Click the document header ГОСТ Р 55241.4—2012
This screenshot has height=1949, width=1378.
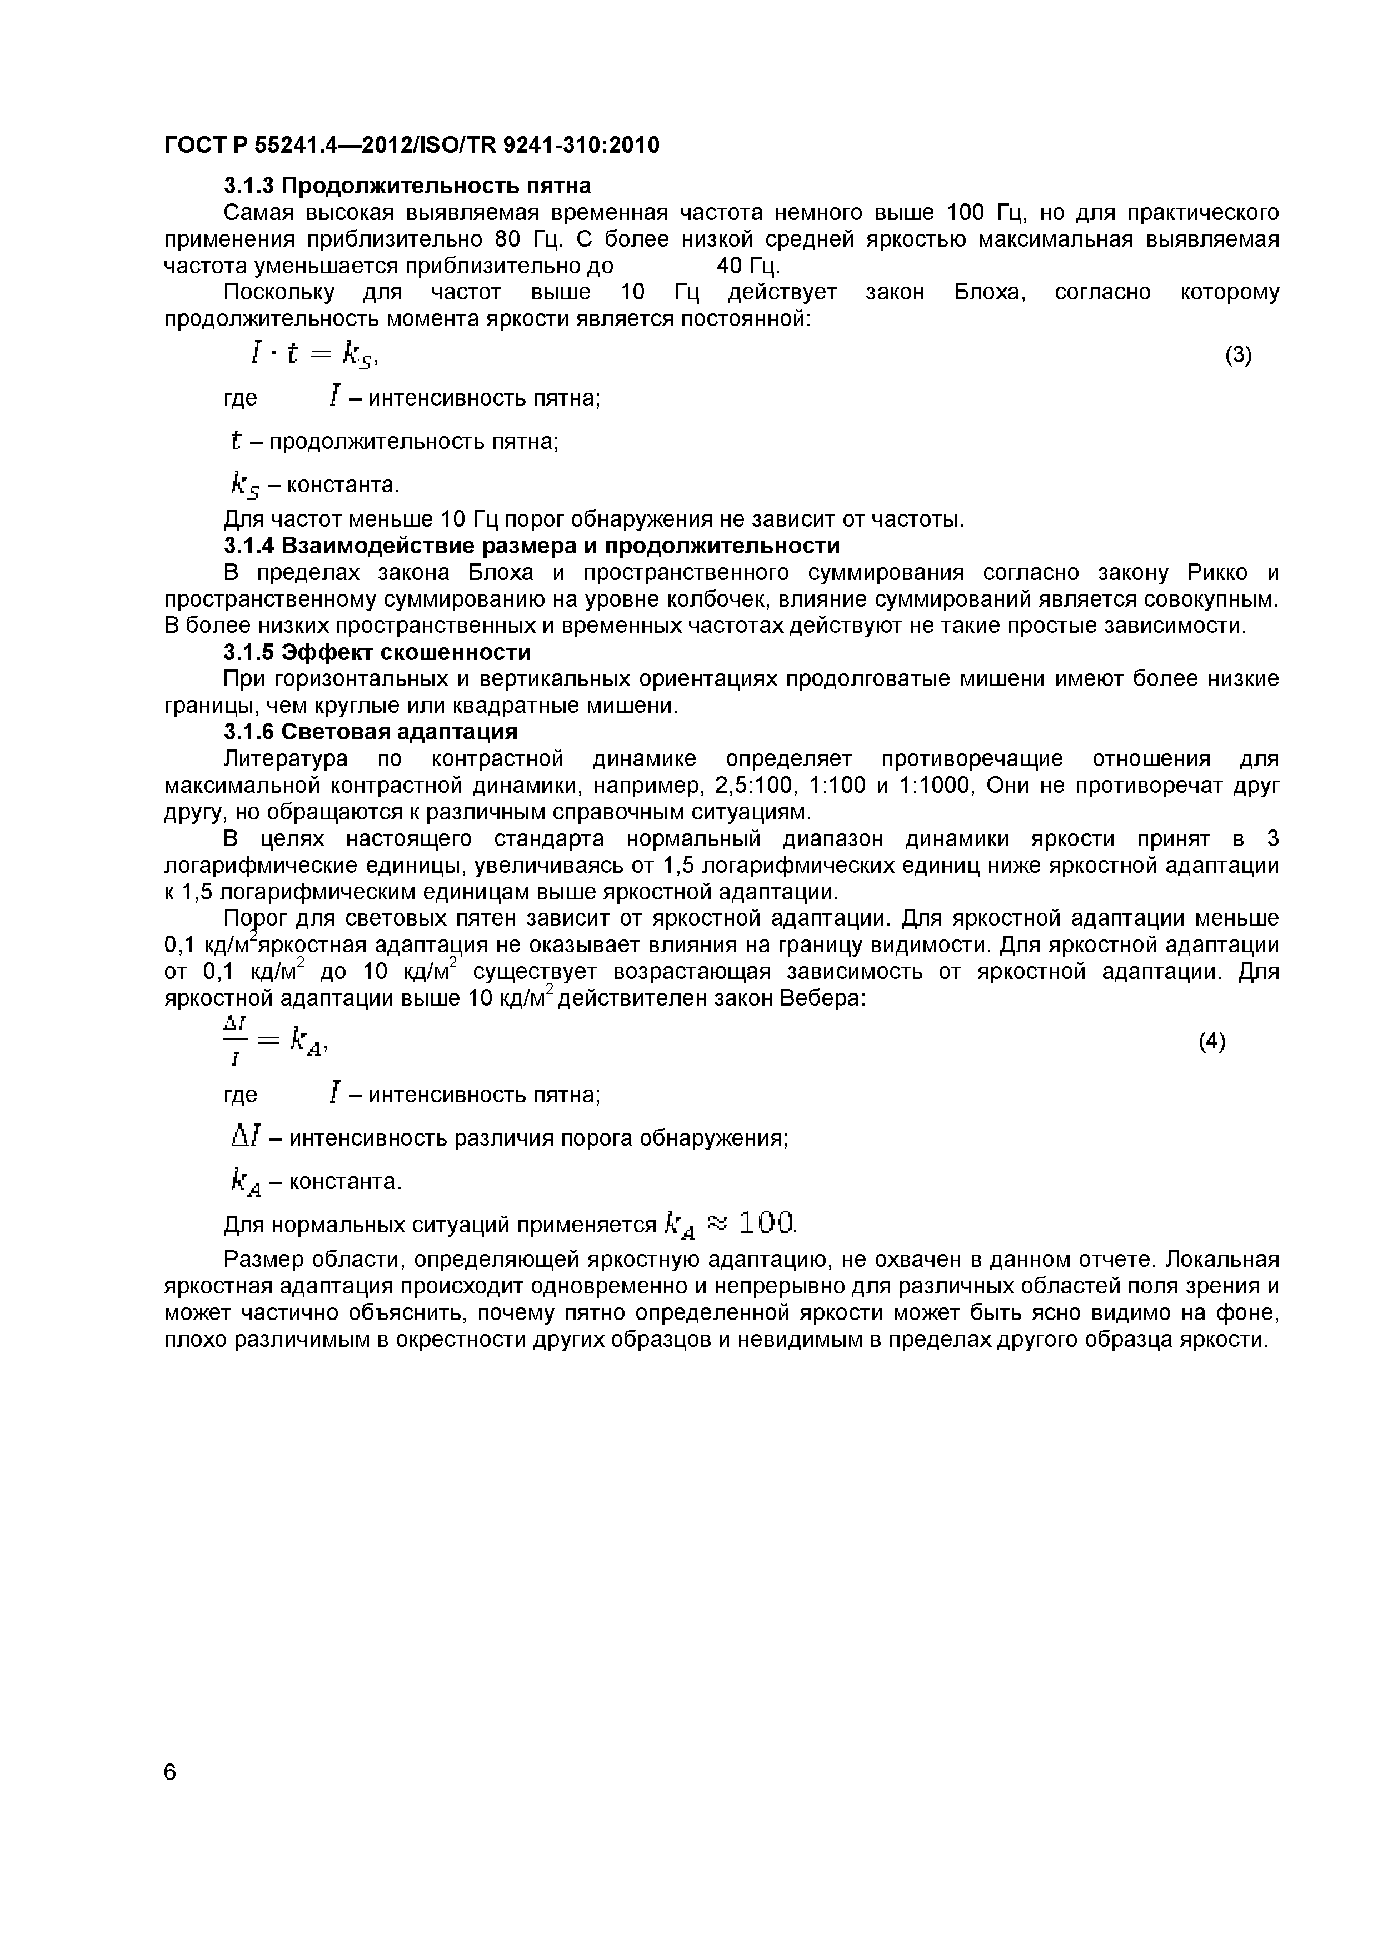[x=411, y=146]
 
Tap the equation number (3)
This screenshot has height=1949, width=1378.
[x=1238, y=355]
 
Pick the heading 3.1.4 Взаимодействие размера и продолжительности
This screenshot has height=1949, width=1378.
[x=532, y=545]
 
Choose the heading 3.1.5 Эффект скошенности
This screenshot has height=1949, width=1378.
[x=377, y=653]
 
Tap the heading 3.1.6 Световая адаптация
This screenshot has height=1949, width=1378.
[x=370, y=732]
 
